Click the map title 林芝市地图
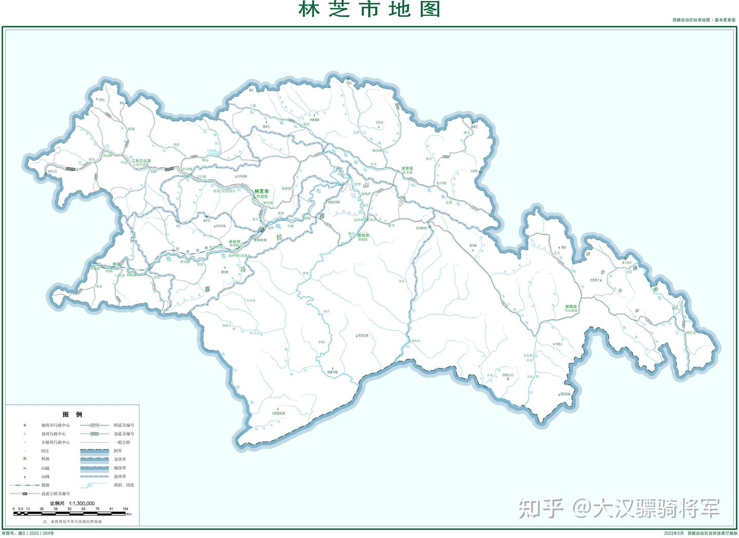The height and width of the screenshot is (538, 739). pos(369,10)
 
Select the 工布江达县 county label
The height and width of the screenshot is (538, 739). pos(141,161)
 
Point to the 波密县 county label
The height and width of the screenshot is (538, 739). pos(407,169)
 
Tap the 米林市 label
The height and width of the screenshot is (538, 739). pos(235,242)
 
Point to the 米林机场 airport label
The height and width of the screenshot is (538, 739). pos(260,240)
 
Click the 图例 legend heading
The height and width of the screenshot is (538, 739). pos(72,414)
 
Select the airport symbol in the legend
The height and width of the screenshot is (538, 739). pos(24,459)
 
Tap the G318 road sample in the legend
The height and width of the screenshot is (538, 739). pos(94,425)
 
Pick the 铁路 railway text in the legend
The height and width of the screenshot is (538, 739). pos(46,485)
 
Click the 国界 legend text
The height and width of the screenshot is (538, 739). pos(118,451)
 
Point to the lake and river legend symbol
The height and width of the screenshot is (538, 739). pos(94,485)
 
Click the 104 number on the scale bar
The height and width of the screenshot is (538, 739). pos(125,509)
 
